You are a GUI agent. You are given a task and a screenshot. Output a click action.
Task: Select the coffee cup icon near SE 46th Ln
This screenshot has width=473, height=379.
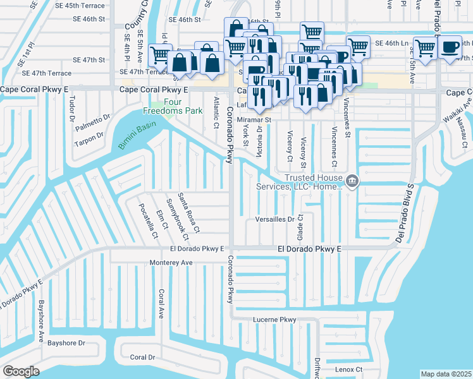(x=451, y=47)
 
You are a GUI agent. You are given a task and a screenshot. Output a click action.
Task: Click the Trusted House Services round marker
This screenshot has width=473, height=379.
(x=353, y=182)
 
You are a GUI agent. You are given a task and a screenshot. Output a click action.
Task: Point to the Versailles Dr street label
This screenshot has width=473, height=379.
(x=275, y=220)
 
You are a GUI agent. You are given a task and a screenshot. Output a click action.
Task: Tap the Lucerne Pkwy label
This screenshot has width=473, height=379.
(x=274, y=320)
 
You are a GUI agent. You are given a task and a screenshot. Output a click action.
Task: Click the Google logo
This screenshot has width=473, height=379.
(x=21, y=371)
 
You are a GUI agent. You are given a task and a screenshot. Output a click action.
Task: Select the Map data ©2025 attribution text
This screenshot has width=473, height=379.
(x=446, y=374)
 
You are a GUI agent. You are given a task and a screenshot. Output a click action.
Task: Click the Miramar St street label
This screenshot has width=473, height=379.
(x=254, y=119)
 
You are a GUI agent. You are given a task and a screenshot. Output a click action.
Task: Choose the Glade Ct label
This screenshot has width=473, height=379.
(x=300, y=226)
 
